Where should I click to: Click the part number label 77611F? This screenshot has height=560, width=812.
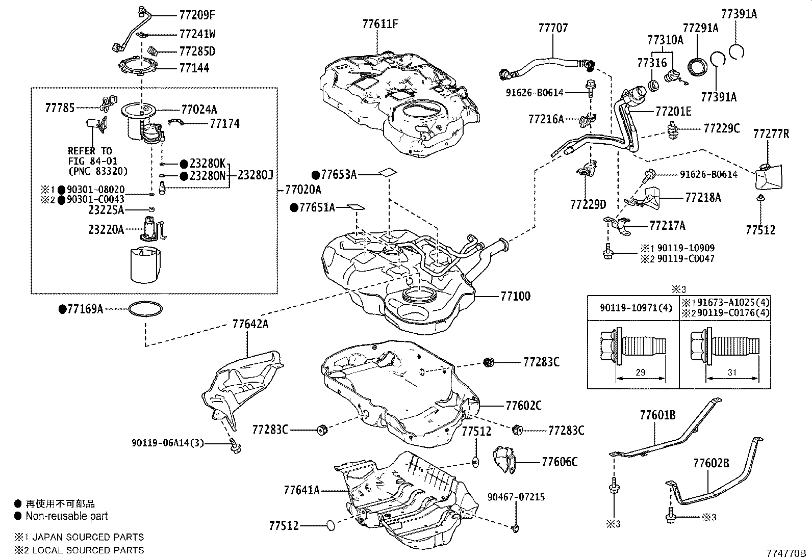pos(380,23)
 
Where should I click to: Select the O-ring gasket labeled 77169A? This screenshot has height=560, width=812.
pos(146,309)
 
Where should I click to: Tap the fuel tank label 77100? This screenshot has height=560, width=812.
pos(515,296)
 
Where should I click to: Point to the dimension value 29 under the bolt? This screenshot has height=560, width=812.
pos(640,372)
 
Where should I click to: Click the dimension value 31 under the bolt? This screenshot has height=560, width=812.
pos(732,372)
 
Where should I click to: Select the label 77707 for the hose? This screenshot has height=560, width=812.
pos(552,28)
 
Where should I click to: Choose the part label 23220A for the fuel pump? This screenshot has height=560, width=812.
pos(106,230)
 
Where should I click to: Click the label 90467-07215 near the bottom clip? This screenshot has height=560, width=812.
pos(516,497)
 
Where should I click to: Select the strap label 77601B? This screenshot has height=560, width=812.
pos(657,416)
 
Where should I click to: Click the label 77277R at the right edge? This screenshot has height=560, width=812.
pos(771,134)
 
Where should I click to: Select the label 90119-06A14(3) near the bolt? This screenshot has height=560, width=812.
pos(167,443)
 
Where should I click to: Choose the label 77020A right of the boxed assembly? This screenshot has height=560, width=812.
pos(303,190)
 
